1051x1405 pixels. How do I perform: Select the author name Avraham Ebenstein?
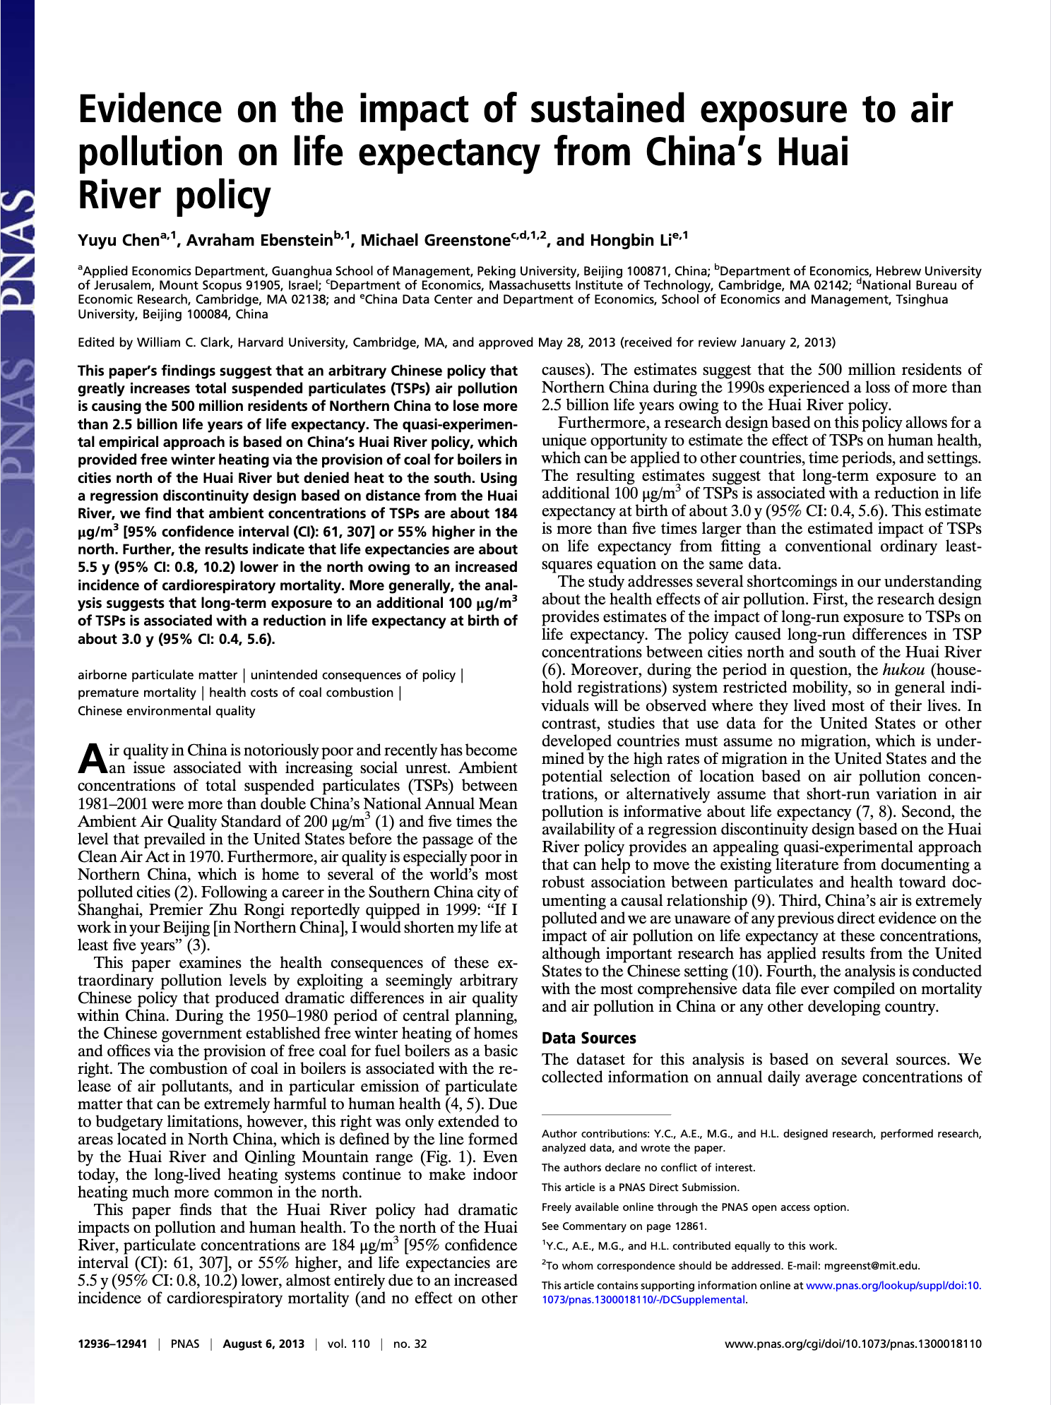click(259, 240)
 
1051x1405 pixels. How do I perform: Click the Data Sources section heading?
click(589, 1038)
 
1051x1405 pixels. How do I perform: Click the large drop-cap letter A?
click(92, 758)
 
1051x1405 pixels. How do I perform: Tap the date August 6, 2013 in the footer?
click(263, 1344)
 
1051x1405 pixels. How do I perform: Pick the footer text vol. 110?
click(348, 1344)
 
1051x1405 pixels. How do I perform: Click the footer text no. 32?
click(410, 1344)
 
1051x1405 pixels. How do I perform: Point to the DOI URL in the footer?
click(853, 1344)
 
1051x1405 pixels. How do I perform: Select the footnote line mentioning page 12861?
click(624, 1226)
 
